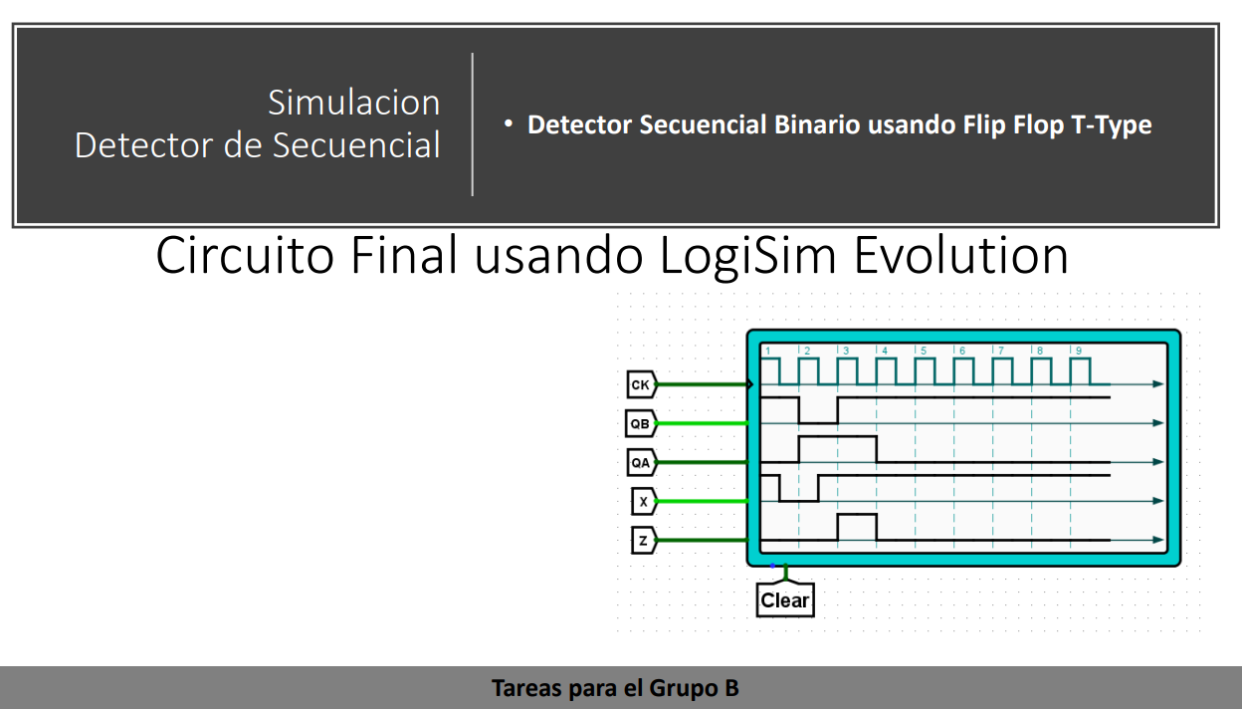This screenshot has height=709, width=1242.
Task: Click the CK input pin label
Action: [641, 383]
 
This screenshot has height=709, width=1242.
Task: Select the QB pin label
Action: [640, 422]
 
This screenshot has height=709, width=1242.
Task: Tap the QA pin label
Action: [640, 462]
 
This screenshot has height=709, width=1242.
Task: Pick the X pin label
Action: [643, 501]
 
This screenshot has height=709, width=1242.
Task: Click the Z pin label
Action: [643, 541]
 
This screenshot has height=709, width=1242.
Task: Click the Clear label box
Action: [784, 600]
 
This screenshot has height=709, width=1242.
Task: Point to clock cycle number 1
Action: [767, 351]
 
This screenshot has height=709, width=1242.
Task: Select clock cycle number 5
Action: [923, 351]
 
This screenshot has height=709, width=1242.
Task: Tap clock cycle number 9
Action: [1078, 351]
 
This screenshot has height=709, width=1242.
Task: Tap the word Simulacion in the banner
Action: [353, 103]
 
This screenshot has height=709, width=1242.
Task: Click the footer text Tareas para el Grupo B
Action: [615, 688]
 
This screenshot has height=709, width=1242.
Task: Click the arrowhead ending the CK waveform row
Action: [1157, 383]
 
